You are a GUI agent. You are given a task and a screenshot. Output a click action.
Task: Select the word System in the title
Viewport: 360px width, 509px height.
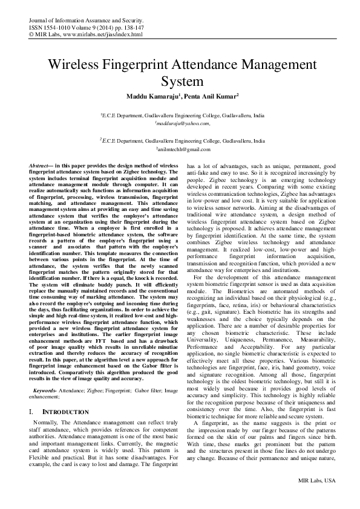(180, 81)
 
